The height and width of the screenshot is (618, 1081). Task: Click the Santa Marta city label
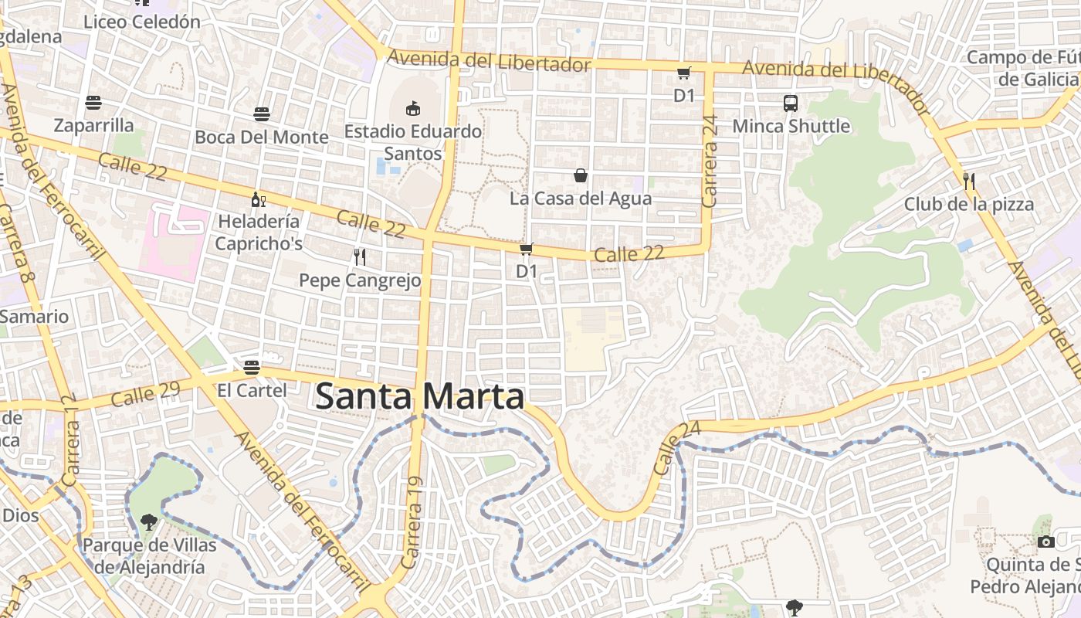pyautogui.click(x=420, y=397)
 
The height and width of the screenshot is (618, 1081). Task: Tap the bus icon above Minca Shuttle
pyautogui.click(x=791, y=103)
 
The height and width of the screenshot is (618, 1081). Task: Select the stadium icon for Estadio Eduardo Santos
pyautogui.click(x=413, y=108)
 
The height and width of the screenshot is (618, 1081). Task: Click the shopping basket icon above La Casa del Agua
pyautogui.click(x=581, y=176)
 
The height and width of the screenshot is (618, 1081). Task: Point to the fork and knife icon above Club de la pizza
pyautogui.click(x=969, y=182)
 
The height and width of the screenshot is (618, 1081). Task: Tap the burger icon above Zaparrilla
pyautogui.click(x=93, y=103)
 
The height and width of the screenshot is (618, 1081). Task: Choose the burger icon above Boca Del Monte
pyautogui.click(x=262, y=114)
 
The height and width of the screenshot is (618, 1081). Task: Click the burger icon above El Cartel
pyautogui.click(x=252, y=367)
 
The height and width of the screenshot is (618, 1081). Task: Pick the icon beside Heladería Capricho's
pyautogui.click(x=258, y=199)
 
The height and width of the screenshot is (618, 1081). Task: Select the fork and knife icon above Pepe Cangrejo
pyautogui.click(x=359, y=256)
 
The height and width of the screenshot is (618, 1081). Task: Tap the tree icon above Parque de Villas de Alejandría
pyautogui.click(x=149, y=521)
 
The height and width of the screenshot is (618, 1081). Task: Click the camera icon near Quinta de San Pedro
pyautogui.click(x=1046, y=541)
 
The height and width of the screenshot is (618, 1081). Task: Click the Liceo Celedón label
pyautogui.click(x=142, y=22)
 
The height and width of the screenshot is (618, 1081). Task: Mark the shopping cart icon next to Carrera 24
pyautogui.click(x=683, y=73)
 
